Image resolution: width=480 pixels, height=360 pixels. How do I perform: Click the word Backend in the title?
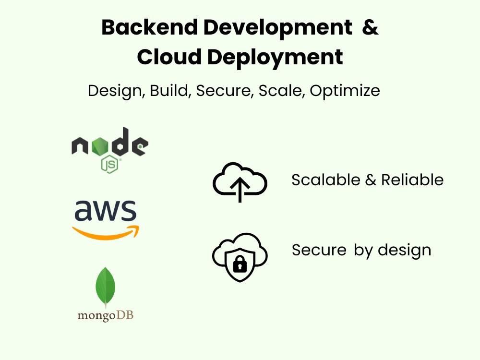[x=150, y=27]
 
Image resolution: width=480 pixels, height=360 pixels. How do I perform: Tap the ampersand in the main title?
[x=370, y=27]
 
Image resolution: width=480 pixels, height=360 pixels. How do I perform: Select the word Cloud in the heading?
[x=169, y=57]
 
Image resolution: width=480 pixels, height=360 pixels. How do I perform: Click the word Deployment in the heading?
[x=275, y=58]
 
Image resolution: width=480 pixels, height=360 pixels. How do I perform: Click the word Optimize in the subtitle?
[x=345, y=91]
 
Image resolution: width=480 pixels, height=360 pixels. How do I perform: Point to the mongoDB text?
[x=105, y=315]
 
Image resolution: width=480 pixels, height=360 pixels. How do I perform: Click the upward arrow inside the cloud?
[x=240, y=190]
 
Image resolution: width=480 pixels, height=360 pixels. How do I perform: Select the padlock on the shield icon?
[x=240, y=264]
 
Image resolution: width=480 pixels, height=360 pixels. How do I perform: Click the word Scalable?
[x=326, y=180]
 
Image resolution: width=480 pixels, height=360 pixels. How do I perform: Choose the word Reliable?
[x=412, y=180]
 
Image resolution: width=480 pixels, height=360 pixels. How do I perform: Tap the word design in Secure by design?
[x=404, y=251]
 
